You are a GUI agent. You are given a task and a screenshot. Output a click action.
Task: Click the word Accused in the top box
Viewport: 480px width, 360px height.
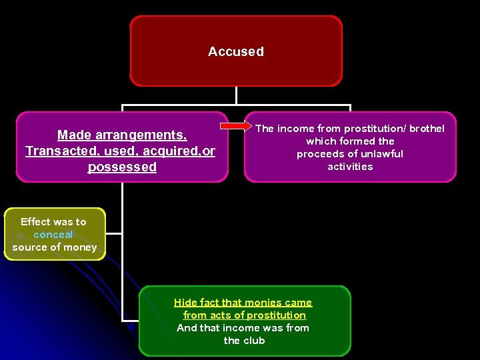(236, 51)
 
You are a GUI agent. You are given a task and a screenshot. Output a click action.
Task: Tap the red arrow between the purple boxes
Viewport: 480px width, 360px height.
(234, 126)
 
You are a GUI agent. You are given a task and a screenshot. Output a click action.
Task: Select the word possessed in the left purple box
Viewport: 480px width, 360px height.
(122, 167)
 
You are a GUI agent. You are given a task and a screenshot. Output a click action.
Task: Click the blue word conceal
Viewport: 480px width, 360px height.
(53, 235)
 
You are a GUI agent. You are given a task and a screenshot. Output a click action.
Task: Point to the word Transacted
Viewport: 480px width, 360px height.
(59, 151)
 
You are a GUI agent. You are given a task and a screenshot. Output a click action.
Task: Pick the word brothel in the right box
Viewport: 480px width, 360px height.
(426, 129)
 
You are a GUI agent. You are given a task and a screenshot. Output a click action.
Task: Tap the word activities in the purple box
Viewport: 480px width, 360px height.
(350, 167)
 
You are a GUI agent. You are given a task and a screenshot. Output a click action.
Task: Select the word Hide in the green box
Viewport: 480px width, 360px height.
(185, 303)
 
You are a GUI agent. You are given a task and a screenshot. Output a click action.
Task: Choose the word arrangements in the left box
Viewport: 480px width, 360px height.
(144, 135)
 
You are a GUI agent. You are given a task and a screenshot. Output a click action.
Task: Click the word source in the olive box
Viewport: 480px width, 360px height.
(29, 247)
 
